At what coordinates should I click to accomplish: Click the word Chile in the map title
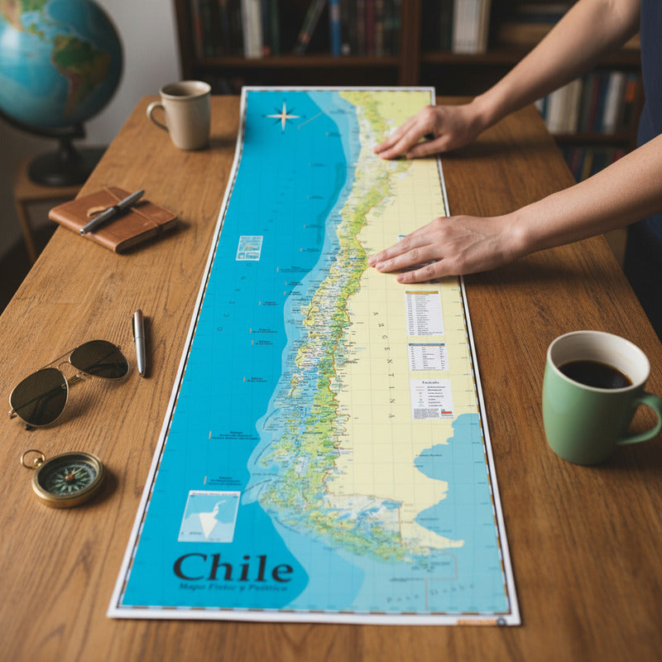click(233, 568)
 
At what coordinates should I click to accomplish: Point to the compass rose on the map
click(284, 116)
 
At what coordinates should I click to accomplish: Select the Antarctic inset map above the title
click(209, 516)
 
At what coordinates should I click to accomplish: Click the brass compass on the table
click(67, 477)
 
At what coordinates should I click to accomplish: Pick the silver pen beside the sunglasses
click(139, 342)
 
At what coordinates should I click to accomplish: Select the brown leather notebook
click(113, 218)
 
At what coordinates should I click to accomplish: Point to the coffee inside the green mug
click(595, 374)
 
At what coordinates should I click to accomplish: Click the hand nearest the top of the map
click(427, 129)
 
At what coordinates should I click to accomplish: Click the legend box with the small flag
click(431, 398)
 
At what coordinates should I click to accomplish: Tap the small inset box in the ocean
click(249, 247)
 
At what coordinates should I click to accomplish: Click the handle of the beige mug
click(155, 117)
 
